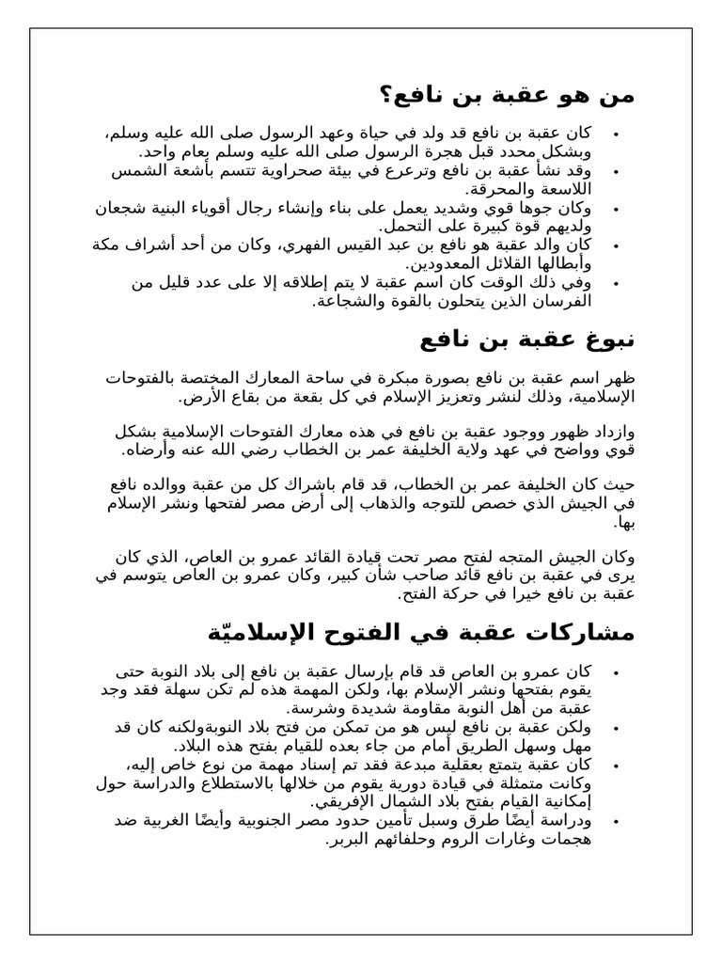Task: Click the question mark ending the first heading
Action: coord(387,95)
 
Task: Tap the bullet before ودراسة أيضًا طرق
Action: coord(615,822)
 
